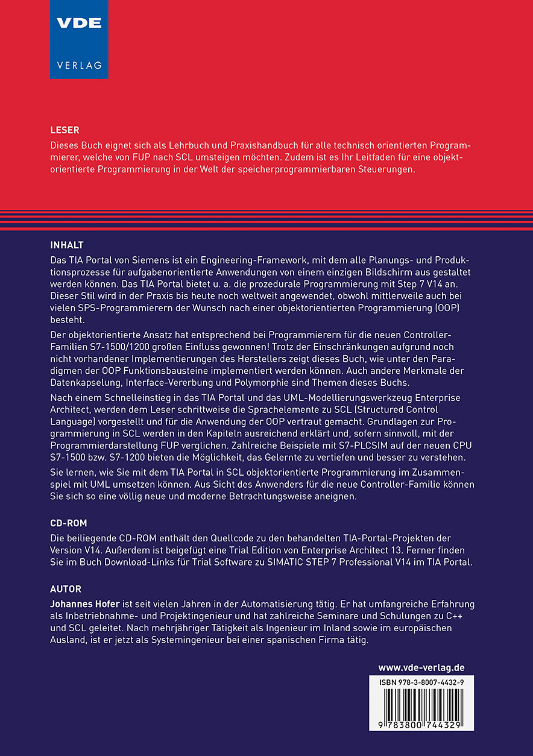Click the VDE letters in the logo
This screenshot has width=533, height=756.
tap(79, 24)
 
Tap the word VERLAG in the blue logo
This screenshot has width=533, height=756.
tap(79, 65)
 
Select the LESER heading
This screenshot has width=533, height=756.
tap(65, 130)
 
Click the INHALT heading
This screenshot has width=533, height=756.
tap(67, 245)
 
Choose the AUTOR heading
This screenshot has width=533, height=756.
tap(66, 589)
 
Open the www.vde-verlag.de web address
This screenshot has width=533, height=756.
tap(421, 667)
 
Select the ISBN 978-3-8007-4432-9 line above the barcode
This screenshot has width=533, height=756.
tap(421, 681)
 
